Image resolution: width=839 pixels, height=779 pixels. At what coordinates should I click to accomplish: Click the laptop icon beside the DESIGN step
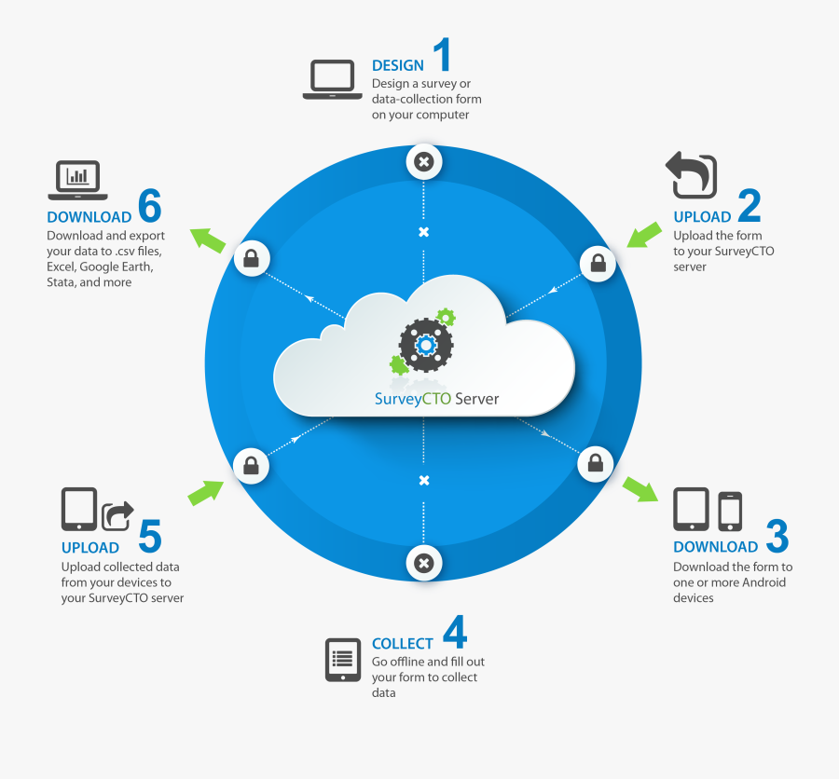332,79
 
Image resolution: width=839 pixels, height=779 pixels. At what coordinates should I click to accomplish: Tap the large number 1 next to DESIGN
443,54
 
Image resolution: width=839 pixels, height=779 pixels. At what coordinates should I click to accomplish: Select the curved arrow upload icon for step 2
691,174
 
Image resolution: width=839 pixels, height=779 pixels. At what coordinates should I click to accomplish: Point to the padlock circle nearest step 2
598,263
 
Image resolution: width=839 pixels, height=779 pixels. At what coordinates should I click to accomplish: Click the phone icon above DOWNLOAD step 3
730,511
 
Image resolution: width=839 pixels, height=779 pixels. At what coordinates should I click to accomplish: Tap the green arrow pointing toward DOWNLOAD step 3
640,489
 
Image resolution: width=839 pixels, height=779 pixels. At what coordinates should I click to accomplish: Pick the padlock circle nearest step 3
595,463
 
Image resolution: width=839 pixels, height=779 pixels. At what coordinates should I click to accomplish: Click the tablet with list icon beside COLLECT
343,660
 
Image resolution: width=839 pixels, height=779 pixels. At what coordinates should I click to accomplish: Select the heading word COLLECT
403,644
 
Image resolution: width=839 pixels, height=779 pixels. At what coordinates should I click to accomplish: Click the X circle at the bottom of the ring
424,563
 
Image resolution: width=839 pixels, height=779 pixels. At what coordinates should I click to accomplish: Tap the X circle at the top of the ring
424,161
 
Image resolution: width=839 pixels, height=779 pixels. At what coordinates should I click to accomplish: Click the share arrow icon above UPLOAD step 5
117,516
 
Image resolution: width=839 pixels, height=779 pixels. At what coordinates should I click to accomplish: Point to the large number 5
150,536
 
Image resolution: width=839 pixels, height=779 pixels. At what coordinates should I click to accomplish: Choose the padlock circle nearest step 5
251,466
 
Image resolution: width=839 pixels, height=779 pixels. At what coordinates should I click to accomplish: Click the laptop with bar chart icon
77,180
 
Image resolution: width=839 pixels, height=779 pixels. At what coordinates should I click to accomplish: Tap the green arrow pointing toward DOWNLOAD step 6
208,240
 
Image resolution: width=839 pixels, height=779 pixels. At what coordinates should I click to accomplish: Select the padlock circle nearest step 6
252,258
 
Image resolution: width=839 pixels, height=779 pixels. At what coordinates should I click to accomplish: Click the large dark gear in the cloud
426,345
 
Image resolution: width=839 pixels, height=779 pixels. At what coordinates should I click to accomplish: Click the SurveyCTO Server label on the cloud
436,399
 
